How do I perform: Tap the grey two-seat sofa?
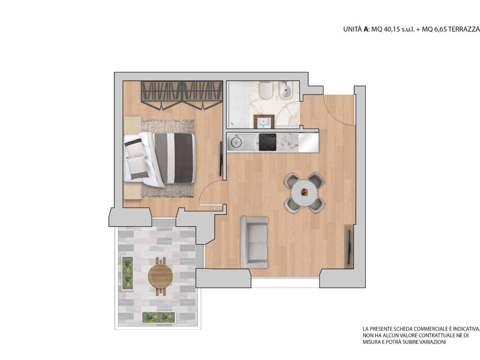(254, 242)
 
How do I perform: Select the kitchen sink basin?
(236, 141)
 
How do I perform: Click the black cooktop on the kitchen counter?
(268, 142)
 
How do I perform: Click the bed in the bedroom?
(159, 158)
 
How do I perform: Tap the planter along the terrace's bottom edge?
(159, 317)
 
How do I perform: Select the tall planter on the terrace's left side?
(127, 273)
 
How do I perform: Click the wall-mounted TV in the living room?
(349, 246)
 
